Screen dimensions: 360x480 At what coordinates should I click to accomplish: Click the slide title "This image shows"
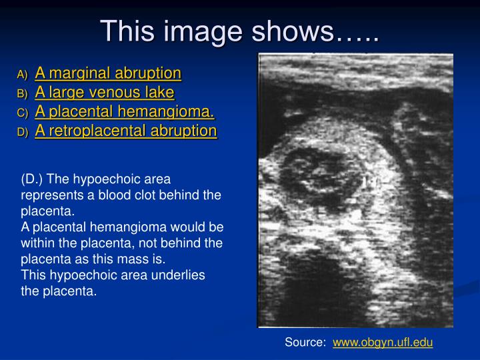pos(239,31)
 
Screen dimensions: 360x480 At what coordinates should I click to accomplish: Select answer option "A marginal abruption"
pos(108,73)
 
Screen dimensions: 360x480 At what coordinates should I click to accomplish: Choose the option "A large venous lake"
pos(104,92)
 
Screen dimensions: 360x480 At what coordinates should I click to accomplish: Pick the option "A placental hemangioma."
pos(125,111)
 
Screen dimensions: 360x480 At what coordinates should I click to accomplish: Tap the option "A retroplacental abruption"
pos(126,131)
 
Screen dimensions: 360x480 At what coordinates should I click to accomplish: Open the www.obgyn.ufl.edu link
pos(383,343)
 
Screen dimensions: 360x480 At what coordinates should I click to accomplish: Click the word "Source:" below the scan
pos(305,343)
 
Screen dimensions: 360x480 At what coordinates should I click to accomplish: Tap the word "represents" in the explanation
pos(49,195)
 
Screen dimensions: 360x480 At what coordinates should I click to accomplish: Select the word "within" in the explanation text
pos(37,243)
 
